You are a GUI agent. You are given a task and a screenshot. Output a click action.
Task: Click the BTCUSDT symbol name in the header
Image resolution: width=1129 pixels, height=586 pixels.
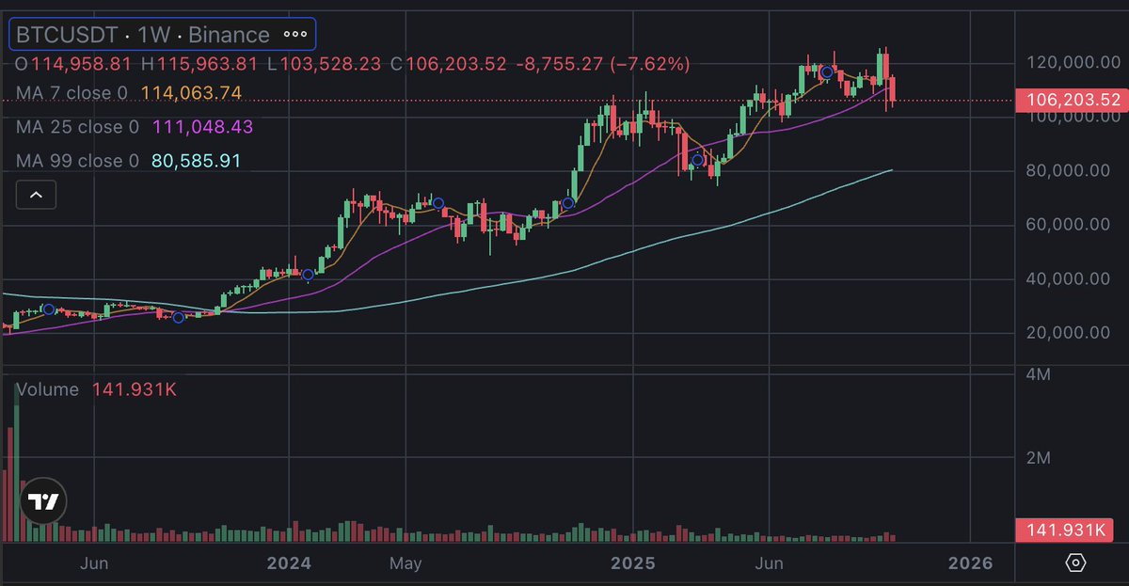click(62, 35)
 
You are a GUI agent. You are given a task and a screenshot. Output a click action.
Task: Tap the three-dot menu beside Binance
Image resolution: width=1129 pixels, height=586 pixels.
click(295, 35)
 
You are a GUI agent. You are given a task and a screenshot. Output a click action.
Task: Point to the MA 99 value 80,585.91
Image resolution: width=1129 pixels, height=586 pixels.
click(196, 161)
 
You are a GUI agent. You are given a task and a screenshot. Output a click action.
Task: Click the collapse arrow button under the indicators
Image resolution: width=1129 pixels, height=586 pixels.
click(37, 196)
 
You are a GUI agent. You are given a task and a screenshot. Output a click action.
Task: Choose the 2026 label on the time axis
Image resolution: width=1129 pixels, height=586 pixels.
click(970, 563)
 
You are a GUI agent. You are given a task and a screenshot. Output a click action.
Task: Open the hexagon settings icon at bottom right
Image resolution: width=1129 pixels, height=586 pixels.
click(1076, 562)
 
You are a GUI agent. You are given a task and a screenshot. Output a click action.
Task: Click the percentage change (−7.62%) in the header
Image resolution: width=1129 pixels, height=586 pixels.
click(649, 64)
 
